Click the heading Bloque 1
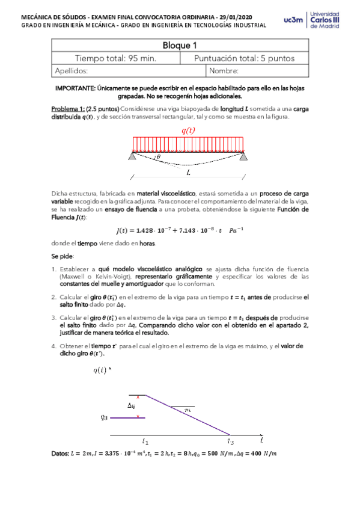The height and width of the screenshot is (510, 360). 180,45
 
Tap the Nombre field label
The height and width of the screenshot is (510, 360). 224,70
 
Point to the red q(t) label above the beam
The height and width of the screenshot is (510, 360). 188,131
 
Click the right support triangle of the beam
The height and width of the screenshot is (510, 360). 243,156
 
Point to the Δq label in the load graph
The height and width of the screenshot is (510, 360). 130,405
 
